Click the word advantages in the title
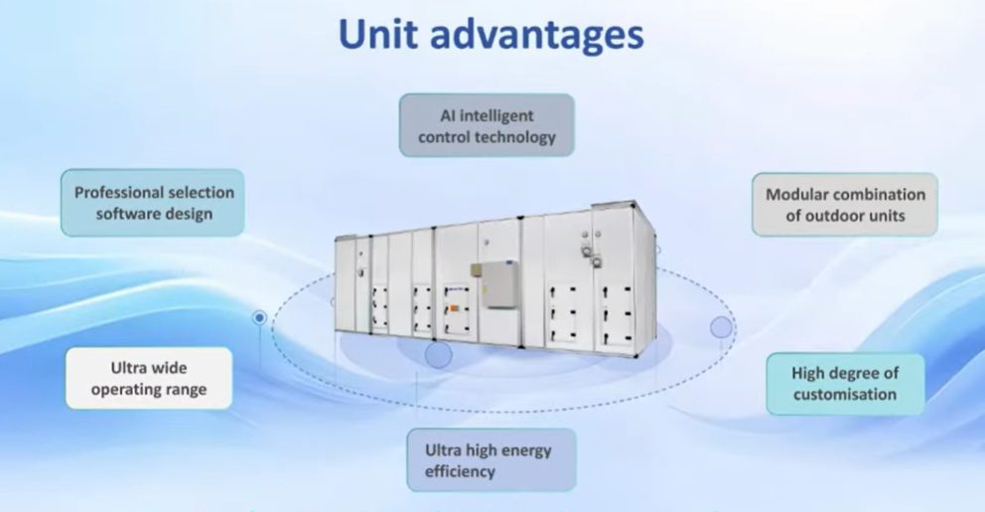tap(536, 36)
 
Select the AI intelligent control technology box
tap(487, 126)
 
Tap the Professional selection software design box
tap(153, 203)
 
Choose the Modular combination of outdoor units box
tap(845, 205)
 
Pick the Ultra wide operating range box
tap(149, 378)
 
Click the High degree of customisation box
tap(845, 384)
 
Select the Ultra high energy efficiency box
tap(492, 459)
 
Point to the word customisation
tap(845, 395)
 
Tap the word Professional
tap(113, 193)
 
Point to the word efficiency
tap(460, 472)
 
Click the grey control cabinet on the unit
tap(496, 283)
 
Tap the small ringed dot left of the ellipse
tap(259, 318)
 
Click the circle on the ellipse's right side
tap(721, 327)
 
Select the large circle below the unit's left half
tap(439, 355)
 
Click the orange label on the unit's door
tap(453, 308)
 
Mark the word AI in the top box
tap(447, 115)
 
